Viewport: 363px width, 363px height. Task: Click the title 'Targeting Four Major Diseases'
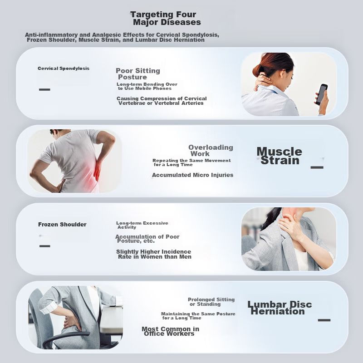click(165, 18)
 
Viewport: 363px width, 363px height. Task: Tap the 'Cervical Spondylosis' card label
click(64, 69)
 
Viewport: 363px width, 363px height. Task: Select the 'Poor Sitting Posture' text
click(138, 74)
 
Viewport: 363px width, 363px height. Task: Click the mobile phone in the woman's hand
click(322, 94)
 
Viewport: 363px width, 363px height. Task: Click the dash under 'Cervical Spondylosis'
click(44, 89)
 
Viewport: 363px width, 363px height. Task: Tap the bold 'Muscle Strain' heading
click(280, 156)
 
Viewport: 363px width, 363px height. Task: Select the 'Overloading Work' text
click(211, 151)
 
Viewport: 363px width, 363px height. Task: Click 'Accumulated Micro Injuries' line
click(192, 175)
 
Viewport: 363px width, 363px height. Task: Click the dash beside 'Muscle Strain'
click(317, 167)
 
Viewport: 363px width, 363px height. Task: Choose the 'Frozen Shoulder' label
click(62, 224)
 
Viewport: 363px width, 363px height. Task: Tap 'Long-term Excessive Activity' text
click(142, 225)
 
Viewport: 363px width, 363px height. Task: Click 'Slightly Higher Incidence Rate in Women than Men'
click(154, 254)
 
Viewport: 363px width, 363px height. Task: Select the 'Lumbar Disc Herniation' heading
click(280, 308)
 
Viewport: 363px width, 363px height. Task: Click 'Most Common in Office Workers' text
click(171, 331)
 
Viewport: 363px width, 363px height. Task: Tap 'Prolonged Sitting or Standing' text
click(211, 302)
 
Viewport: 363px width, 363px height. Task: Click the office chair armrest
click(66, 338)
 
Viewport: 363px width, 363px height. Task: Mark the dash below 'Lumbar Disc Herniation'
click(324, 320)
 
